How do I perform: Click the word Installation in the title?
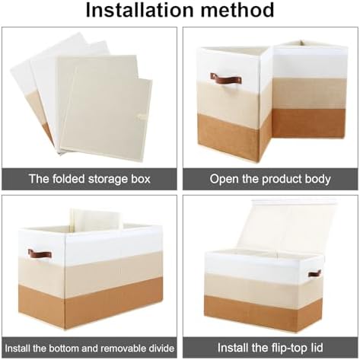pyautogui.click(x=140, y=10)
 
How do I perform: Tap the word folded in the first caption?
pyautogui.click(x=68, y=179)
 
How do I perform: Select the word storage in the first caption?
pyautogui.click(x=108, y=180)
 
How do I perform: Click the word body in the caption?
pyautogui.click(x=318, y=180)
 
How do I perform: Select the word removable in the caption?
pyautogui.click(x=123, y=348)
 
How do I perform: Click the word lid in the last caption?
pyautogui.click(x=317, y=347)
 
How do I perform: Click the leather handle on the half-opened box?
pyautogui.click(x=226, y=79)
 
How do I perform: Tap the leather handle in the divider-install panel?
pyautogui.click(x=40, y=254)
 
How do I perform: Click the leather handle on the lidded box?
pyautogui.click(x=314, y=274)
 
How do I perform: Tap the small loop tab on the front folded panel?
pyautogui.click(x=142, y=116)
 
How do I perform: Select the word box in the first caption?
pyautogui.click(x=141, y=179)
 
